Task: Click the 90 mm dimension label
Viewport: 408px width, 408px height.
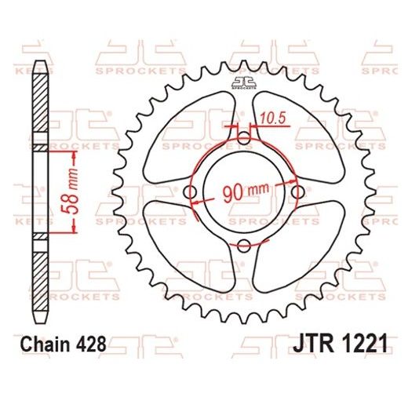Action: [246, 191]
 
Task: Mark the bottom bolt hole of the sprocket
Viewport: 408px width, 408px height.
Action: [244, 246]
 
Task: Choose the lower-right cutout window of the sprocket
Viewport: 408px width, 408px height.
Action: [300, 250]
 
